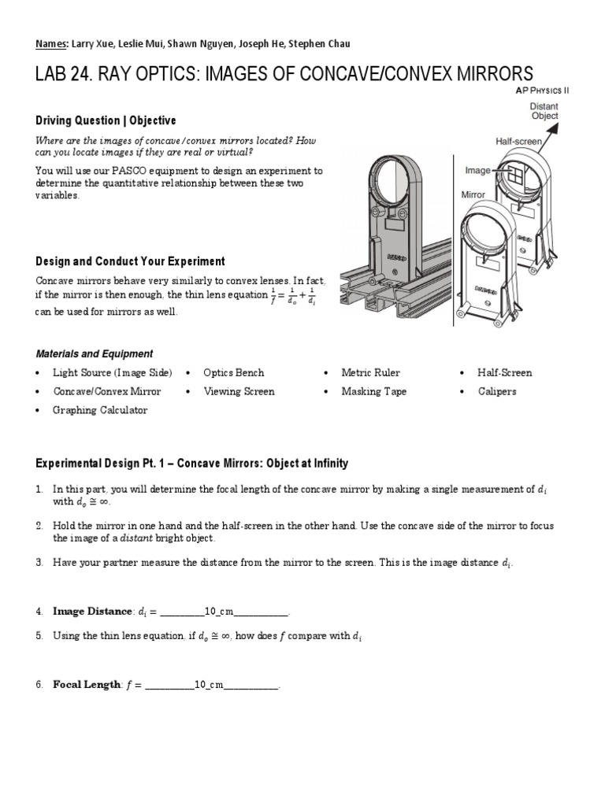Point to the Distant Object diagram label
pyautogui.click(x=544, y=111)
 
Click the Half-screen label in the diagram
pyautogui.click(x=518, y=142)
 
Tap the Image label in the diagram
pyautogui.click(x=478, y=169)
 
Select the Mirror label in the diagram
pyautogui.click(x=474, y=194)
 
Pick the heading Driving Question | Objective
pyautogui.click(x=106, y=120)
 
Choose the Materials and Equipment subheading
pyautogui.click(x=95, y=353)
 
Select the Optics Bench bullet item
pyautogui.click(x=233, y=372)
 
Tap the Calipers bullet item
pyautogui.click(x=496, y=391)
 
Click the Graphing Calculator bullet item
pyautogui.click(x=99, y=410)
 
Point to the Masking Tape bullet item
pyautogui.click(x=373, y=391)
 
